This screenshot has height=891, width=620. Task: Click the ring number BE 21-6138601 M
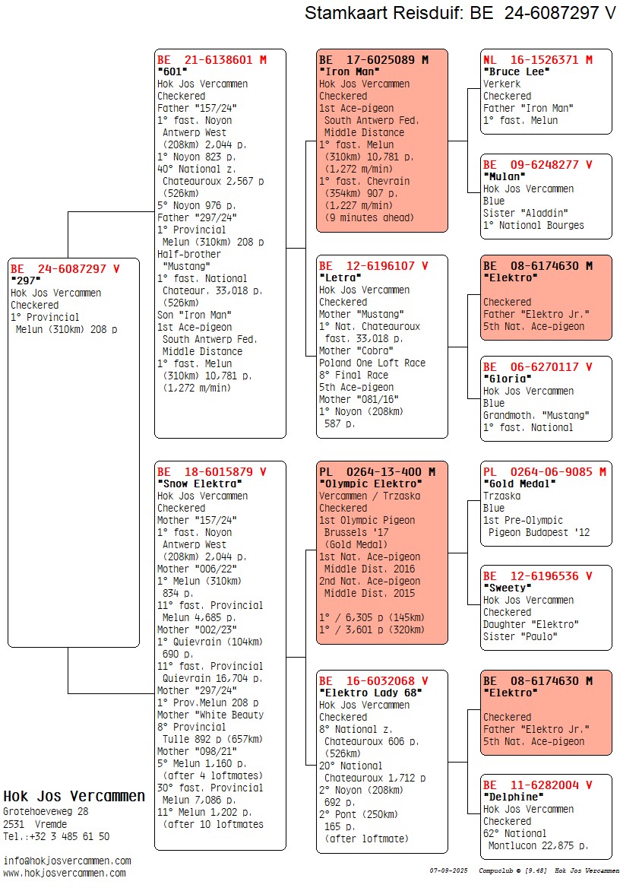pos(212,59)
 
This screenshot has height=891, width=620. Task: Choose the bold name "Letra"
pos(340,277)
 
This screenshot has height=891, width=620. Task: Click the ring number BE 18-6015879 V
pos(212,471)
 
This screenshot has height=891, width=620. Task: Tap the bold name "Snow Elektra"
pos(199,484)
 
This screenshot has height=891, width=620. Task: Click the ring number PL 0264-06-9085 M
pos(545,471)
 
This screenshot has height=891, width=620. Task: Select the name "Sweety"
pos(507,588)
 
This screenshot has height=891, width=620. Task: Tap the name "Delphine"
pos(513,797)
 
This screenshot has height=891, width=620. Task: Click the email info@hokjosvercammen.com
pos(67,861)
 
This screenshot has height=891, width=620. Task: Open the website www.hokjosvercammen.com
pos(65,873)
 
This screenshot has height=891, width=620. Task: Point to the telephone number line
pos(56,836)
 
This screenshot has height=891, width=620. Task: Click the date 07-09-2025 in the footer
pos(448,870)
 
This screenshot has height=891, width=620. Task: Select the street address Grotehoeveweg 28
pos(46,811)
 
